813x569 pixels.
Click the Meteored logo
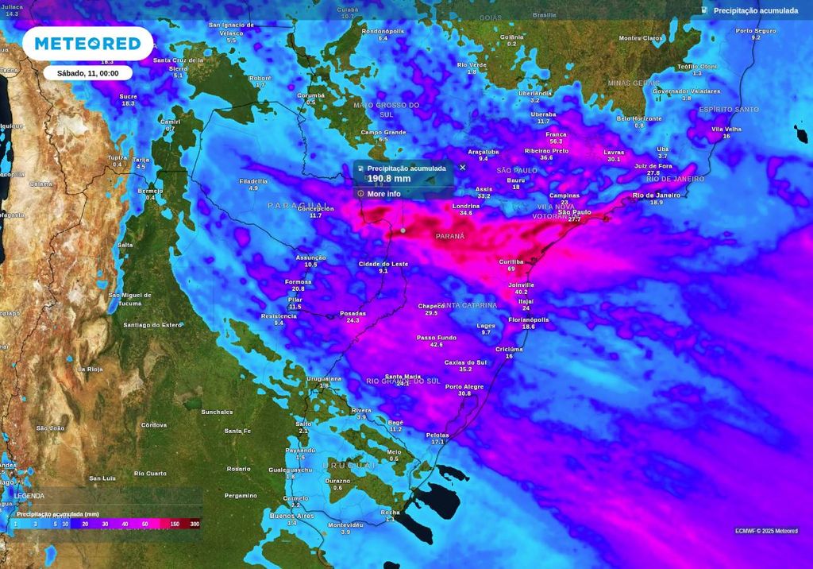coord(87,43)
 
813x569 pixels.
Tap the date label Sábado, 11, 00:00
coord(87,73)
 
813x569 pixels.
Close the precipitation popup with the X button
coord(463,168)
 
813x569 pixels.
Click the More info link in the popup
coord(383,194)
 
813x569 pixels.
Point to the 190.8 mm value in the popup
coord(389,179)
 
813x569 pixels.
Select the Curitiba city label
coord(511,261)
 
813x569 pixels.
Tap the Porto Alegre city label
coord(464,387)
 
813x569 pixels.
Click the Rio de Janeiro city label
coord(657,195)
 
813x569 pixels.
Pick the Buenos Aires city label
coord(292,516)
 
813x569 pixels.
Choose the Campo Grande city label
coord(383,132)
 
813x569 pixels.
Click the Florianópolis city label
coord(529,319)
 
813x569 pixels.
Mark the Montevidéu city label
coord(345,525)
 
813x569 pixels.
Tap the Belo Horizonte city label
coord(639,118)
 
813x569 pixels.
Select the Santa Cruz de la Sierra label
coord(179,63)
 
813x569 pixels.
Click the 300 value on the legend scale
coord(195,524)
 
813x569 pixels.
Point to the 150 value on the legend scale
coord(175,524)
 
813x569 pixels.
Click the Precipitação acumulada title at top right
coord(755,10)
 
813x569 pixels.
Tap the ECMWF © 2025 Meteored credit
coord(766,531)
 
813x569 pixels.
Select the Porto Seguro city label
coord(755,31)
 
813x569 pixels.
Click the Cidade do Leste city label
coord(383,264)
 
